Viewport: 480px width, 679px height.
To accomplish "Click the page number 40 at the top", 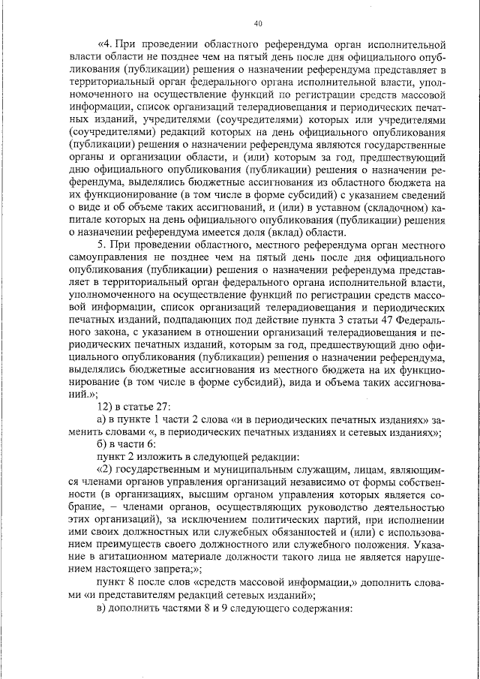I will pos(257,23).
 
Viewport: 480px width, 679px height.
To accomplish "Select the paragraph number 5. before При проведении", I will pos(103,245).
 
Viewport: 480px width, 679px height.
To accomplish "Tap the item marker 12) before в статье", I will pos(98,407).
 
